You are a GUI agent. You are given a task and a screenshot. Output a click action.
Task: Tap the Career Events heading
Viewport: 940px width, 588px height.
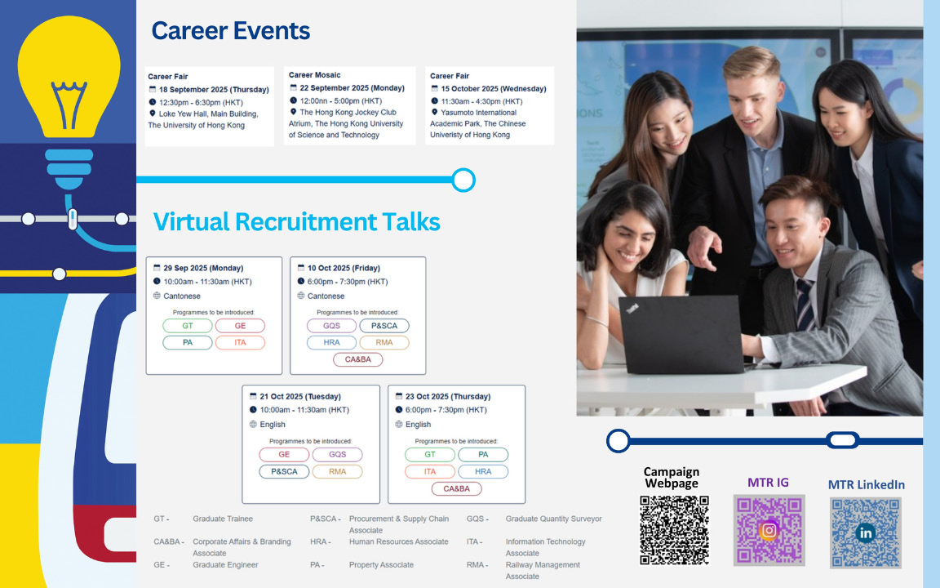[x=231, y=30]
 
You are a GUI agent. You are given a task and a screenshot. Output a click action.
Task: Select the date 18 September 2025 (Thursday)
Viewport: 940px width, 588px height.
[x=214, y=89]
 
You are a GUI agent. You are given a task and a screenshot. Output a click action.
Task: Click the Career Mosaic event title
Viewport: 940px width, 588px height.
[x=314, y=75]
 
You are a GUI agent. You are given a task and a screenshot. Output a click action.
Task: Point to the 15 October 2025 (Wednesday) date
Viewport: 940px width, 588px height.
[x=494, y=89]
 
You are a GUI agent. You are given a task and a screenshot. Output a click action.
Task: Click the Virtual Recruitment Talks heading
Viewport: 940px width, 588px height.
[x=297, y=221]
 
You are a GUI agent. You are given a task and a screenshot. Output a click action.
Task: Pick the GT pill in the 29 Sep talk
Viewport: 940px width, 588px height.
[x=188, y=326]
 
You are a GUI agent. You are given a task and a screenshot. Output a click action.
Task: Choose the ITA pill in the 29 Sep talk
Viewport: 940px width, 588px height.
[x=240, y=343]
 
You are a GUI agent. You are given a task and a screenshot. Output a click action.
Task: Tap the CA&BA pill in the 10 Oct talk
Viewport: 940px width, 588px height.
[x=358, y=359]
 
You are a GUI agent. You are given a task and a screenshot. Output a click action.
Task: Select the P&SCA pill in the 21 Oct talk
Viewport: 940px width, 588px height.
[x=284, y=471]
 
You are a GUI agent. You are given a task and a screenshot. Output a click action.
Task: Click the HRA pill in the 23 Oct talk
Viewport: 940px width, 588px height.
[x=483, y=471]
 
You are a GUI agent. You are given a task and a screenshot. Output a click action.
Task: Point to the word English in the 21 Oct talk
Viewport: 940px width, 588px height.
[x=273, y=424]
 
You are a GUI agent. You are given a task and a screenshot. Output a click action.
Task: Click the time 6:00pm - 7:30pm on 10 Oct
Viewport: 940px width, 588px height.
[x=348, y=282]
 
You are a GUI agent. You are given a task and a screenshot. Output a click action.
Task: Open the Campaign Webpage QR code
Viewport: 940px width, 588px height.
[x=675, y=530]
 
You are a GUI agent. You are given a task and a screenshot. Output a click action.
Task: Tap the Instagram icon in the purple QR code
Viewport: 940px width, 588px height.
[x=769, y=530]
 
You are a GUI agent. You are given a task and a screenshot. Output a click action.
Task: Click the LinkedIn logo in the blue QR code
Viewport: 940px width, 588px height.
[x=866, y=532]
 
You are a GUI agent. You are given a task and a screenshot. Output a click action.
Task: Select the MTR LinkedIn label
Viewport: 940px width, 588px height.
[x=867, y=485]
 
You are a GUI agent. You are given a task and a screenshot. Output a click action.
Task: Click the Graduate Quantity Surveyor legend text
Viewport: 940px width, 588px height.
[x=553, y=519]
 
